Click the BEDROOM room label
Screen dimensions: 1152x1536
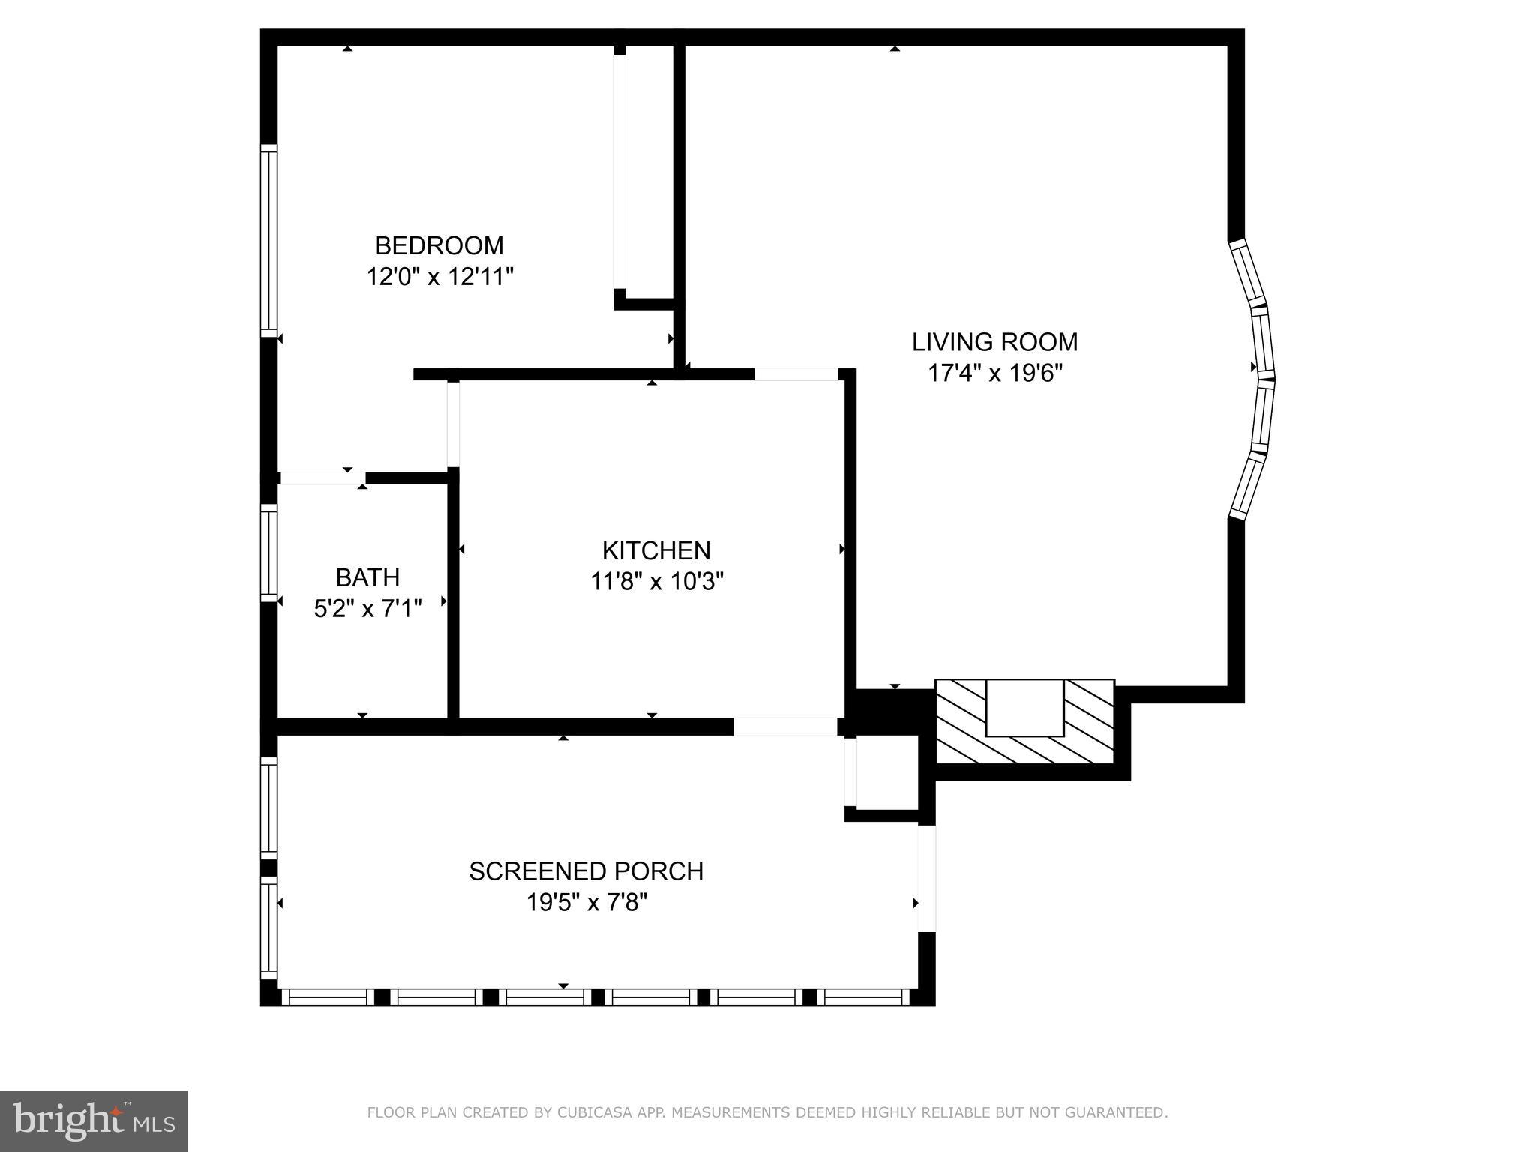(x=439, y=245)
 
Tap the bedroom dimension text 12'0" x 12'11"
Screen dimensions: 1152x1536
(x=439, y=277)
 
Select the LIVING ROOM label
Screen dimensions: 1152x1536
(x=994, y=342)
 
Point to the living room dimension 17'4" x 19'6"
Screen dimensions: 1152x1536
(x=995, y=373)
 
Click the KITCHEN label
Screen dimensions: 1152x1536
(x=655, y=550)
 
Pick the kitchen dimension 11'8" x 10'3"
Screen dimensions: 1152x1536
(x=656, y=581)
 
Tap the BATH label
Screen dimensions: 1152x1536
(x=367, y=577)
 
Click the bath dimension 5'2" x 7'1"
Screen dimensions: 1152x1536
(x=367, y=608)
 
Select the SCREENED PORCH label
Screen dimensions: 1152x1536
(x=586, y=871)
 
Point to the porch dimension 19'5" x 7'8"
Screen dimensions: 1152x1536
(x=586, y=902)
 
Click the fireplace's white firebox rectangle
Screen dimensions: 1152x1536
(x=1024, y=708)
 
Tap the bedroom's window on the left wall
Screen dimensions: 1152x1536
(x=268, y=240)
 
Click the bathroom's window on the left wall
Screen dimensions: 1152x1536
(x=268, y=552)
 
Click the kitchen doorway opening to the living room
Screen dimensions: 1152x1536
(x=796, y=374)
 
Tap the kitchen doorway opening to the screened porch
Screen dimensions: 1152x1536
(x=784, y=727)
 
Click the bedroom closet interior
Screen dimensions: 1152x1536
(x=649, y=172)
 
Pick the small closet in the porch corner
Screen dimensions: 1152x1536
(x=886, y=772)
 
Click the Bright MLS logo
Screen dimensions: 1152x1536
(x=93, y=1120)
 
